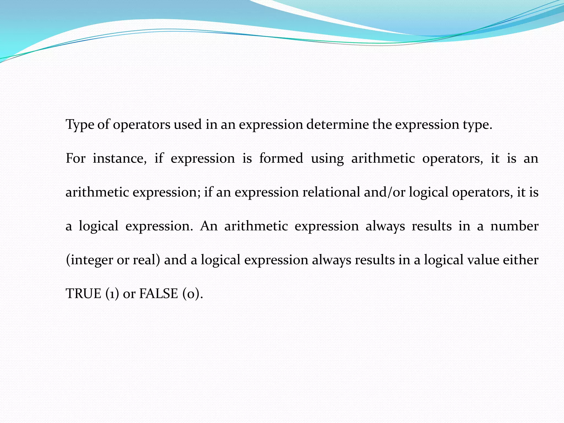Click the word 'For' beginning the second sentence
75,158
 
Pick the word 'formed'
281,158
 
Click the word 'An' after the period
209,226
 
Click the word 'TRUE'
83,294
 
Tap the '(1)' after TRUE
112,294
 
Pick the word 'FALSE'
159,294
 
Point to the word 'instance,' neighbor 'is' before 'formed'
247,158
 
